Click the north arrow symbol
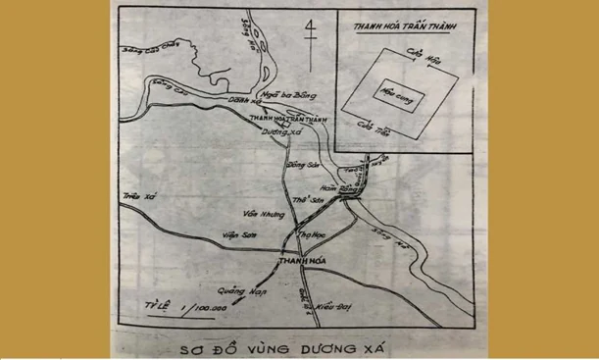[x=310, y=36]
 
